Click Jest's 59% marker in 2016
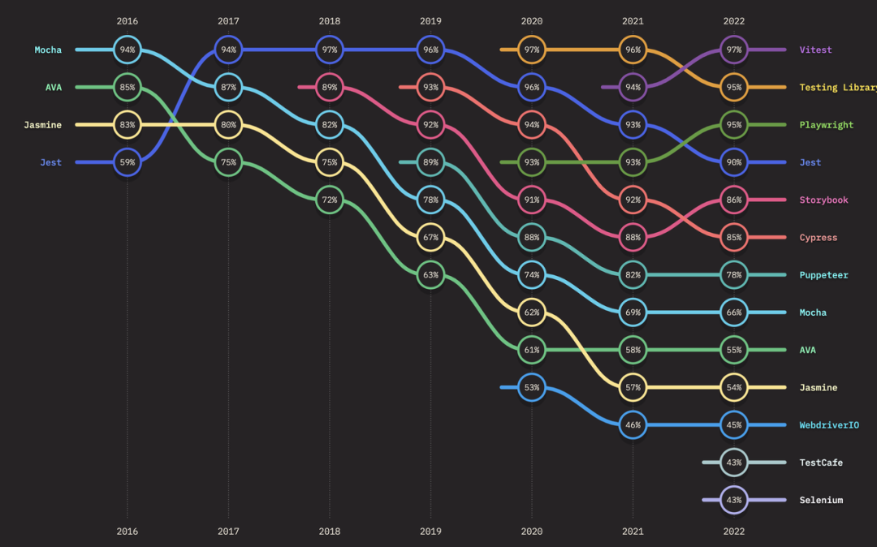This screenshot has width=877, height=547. click(x=127, y=162)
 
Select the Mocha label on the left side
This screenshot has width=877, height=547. click(x=48, y=50)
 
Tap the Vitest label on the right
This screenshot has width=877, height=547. click(x=815, y=50)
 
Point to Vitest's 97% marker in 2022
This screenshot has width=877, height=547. click(x=734, y=50)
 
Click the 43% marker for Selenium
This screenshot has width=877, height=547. click(x=734, y=500)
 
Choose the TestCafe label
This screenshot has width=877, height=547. click(x=821, y=463)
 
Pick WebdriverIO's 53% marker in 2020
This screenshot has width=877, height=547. click(x=532, y=387)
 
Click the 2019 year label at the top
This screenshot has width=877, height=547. click(x=430, y=21)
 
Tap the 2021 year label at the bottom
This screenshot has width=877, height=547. click(x=633, y=532)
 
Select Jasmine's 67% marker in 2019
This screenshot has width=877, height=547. click(x=430, y=237)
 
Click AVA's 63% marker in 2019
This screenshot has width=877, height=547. click(x=430, y=275)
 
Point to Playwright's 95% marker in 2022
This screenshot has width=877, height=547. click(x=734, y=125)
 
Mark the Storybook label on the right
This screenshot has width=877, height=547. click(x=823, y=200)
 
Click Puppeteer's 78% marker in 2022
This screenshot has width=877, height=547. click(x=734, y=275)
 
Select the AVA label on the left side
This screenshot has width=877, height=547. click(x=53, y=88)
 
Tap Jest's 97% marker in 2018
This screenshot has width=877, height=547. click(x=330, y=50)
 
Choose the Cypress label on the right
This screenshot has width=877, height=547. click(x=818, y=238)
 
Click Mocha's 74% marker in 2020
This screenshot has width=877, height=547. click(x=532, y=275)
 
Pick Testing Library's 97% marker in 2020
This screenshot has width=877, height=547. click(x=532, y=50)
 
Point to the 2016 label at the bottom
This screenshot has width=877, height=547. click(x=127, y=532)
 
